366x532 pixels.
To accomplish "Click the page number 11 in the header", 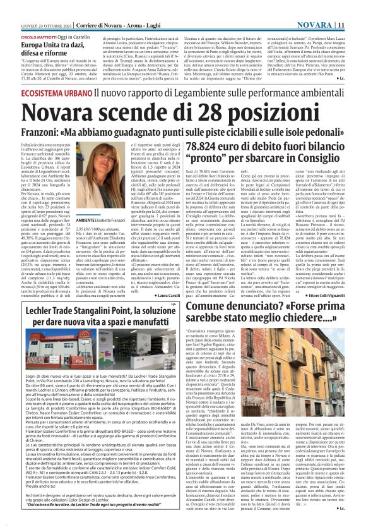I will tap(358, 7).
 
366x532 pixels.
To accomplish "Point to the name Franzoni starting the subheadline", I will tap(44, 135).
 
